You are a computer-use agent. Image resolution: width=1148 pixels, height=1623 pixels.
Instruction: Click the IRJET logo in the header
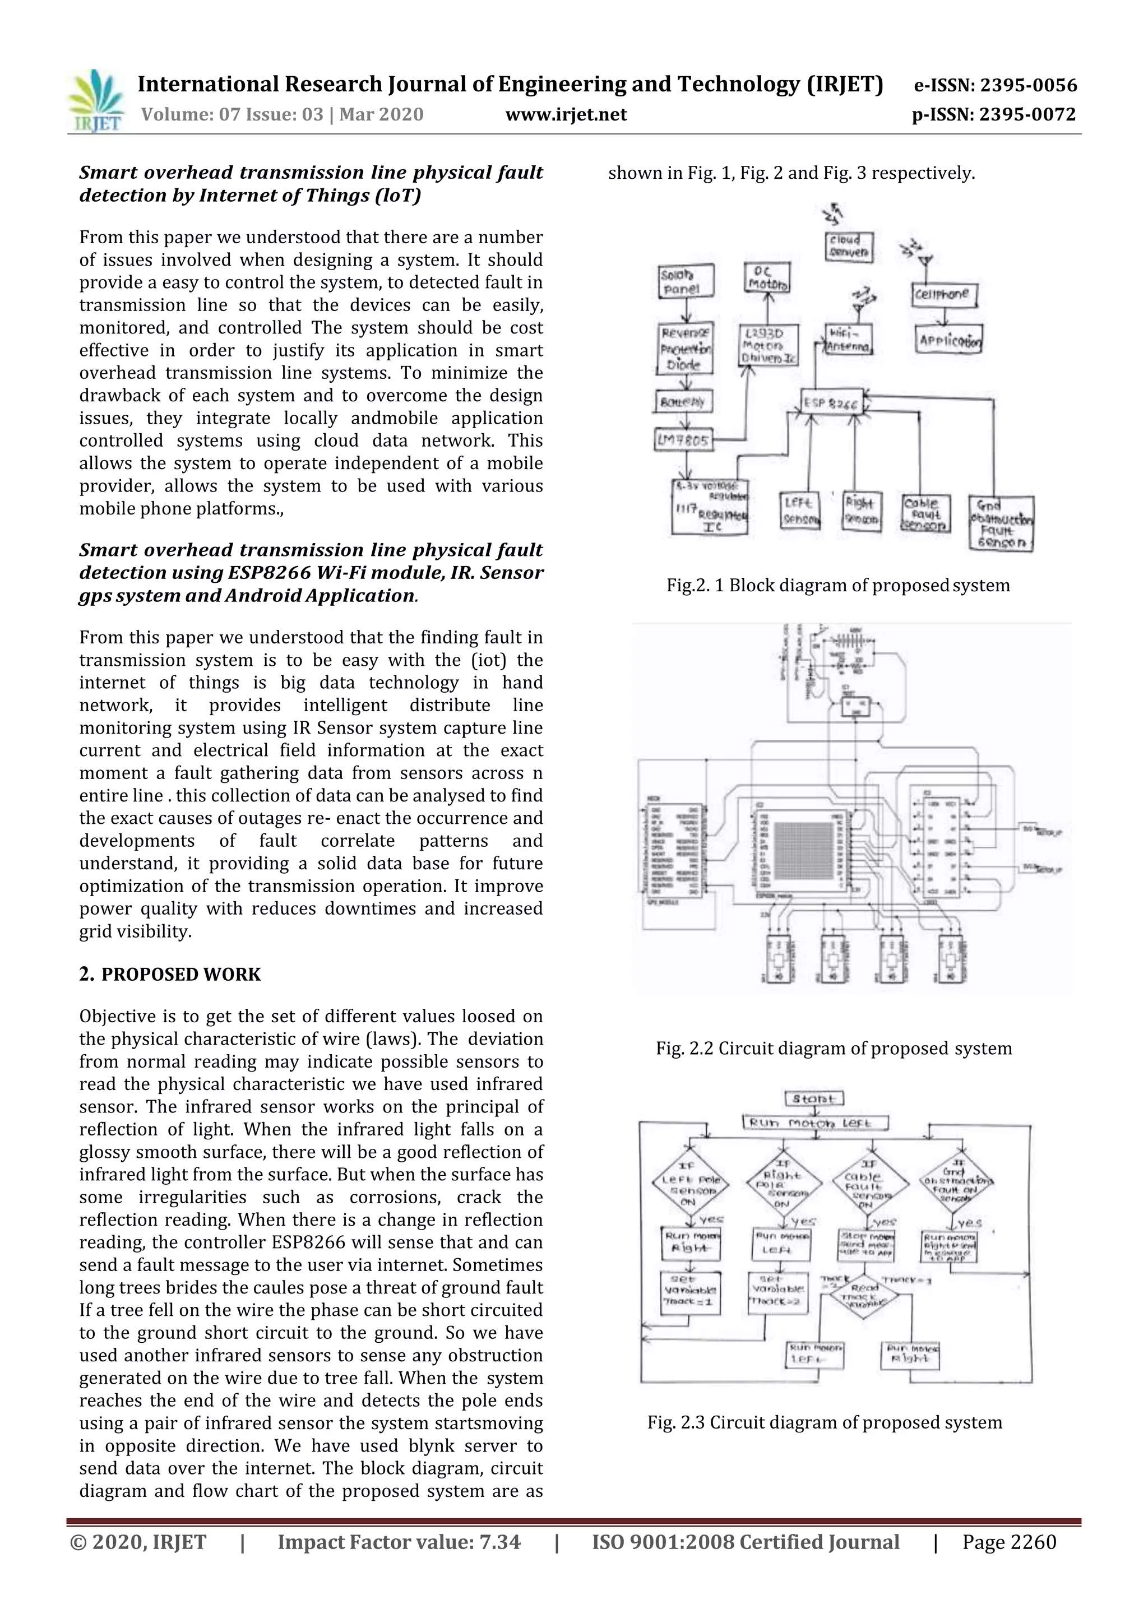tap(97, 101)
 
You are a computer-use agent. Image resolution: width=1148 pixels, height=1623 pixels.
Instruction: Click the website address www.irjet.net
tap(566, 114)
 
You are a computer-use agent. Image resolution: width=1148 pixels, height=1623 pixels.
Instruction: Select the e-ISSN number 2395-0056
tap(996, 86)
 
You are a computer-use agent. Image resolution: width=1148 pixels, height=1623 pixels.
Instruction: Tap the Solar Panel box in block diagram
tap(685, 281)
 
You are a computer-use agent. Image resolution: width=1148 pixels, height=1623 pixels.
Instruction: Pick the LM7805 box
tap(682, 441)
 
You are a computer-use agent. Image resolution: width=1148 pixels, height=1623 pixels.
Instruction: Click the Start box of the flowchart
tap(814, 1098)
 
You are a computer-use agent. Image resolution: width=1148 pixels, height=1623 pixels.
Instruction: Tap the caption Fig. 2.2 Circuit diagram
tap(834, 1049)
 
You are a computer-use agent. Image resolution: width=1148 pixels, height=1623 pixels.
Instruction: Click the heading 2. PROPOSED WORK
tap(170, 974)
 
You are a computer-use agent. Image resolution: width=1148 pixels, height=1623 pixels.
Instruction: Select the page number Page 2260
tap(1009, 1542)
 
